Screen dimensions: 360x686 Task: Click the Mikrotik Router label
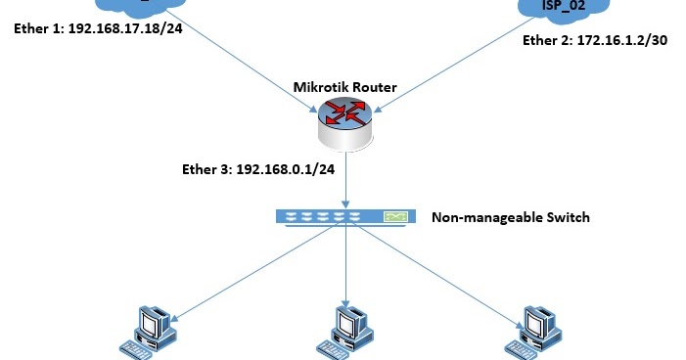point(345,87)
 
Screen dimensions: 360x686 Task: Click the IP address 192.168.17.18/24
point(129,27)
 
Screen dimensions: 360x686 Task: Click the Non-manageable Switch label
point(511,216)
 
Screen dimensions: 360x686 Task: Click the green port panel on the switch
point(396,216)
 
